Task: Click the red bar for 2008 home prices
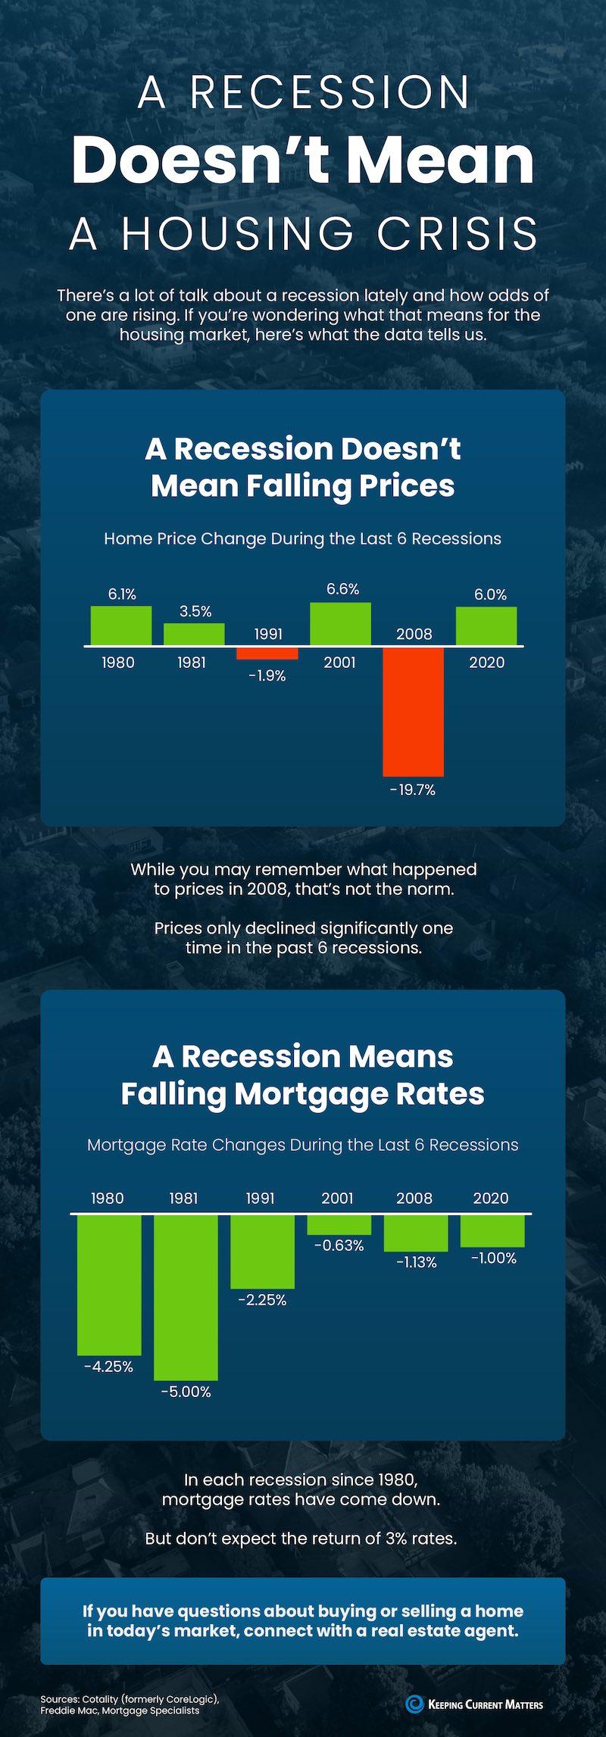[x=413, y=711]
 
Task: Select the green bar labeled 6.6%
[x=341, y=624]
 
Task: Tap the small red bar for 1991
[x=267, y=653]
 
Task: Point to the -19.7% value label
[x=413, y=791]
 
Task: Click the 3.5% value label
[x=195, y=611]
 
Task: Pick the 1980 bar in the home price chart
[x=121, y=625]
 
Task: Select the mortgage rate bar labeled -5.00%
[x=186, y=1297]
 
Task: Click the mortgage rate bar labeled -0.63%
[x=339, y=1224]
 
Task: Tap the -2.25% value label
[x=262, y=1300]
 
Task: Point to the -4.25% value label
[x=109, y=1367]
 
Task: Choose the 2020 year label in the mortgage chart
[x=491, y=1199]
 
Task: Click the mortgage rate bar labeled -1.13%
[x=415, y=1233]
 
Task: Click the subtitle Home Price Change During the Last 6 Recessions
[x=303, y=539]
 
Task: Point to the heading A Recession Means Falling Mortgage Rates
[x=303, y=1074]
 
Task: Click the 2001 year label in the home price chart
[x=339, y=663]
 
